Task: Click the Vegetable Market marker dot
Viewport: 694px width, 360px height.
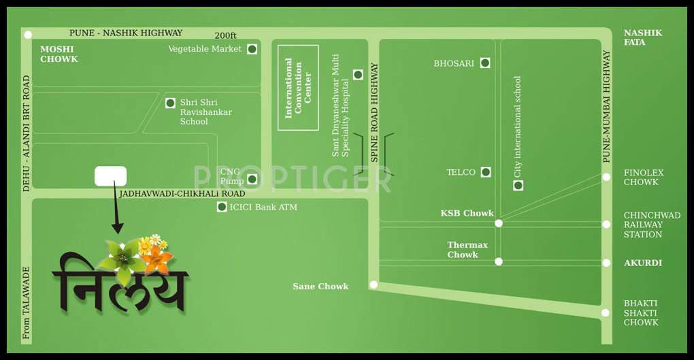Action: point(252,49)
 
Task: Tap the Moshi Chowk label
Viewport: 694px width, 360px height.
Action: point(59,54)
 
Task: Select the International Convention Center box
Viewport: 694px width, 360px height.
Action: point(298,87)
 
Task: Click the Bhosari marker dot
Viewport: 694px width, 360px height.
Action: point(485,63)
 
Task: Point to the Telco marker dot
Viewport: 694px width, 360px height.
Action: point(486,172)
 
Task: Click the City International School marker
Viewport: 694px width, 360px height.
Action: point(518,185)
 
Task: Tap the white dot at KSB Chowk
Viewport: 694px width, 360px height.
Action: point(499,223)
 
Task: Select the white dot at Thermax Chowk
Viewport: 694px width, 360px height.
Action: point(499,261)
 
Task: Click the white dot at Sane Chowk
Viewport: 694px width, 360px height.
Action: point(374,284)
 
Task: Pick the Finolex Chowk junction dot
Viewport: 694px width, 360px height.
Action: point(606,177)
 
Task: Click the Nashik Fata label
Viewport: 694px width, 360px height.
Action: point(643,37)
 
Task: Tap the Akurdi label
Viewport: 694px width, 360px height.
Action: point(643,263)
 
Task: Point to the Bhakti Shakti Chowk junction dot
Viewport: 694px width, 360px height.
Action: point(606,313)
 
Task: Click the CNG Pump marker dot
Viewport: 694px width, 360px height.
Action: point(252,179)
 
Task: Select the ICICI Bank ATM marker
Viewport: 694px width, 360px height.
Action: point(222,207)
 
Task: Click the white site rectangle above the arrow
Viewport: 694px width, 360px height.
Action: point(110,176)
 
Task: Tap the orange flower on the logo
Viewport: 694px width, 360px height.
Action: point(157,259)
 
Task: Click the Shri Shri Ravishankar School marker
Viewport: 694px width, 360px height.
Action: point(170,103)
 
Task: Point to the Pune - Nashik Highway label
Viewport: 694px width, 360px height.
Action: point(126,33)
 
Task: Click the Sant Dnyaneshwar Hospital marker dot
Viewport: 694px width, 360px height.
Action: point(358,75)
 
